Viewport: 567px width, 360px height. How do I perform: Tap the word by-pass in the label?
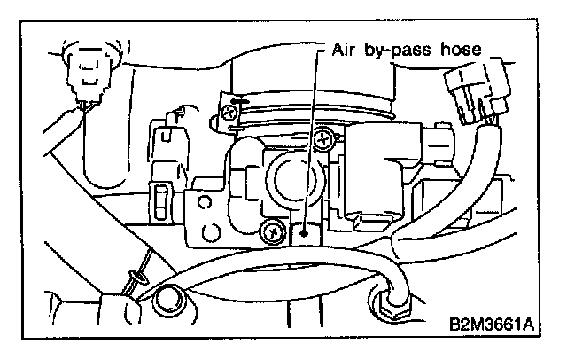(393, 52)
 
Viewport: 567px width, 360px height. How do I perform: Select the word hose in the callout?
(460, 51)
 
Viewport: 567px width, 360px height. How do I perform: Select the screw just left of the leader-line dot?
(268, 232)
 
